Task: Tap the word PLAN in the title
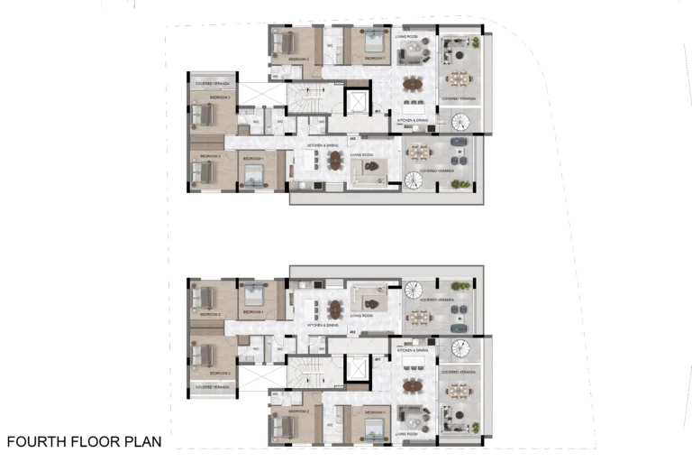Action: pyautogui.click(x=141, y=442)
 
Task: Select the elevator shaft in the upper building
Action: pyautogui.click(x=359, y=101)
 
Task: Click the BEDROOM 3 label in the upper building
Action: pyautogui.click(x=221, y=97)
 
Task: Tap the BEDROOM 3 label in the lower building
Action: pyautogui.click(x=221, y=372)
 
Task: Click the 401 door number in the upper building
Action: pyautogui.click(x=378, y=112)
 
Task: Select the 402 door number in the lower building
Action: pyautogui.click(x=352, y=333)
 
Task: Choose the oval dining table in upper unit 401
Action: pyautogui.click(x=413, y=85)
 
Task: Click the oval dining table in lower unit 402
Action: pyautogui.click(x=335, y=308)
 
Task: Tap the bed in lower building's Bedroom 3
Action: pyautogui.click(x=203, y=353)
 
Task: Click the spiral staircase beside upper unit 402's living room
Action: pyautogui.click(x=414, y=179)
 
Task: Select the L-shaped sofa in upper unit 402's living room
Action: pyautogui.click(x=369, y=169)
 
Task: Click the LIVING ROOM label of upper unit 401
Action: pyautogui.click(x=405, y=37)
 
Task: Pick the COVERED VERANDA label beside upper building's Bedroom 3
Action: pyautogui.click(x=212, y=82)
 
